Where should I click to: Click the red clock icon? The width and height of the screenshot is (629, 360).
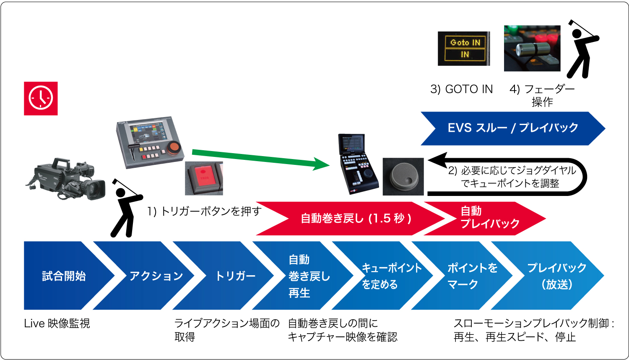41,98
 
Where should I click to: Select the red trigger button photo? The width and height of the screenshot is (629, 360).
204,178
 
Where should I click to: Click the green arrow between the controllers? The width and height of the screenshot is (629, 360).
260,158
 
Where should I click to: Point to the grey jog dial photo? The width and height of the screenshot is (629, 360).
403,177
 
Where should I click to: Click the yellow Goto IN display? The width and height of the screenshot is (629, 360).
464,49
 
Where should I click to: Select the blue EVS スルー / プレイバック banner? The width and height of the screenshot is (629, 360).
512,128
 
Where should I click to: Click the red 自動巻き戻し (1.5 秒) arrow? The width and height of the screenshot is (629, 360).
352,218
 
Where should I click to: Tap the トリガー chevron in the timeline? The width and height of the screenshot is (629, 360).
235,276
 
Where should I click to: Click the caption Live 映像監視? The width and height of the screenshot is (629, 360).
57,323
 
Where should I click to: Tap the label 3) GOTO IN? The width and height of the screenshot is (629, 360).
461,89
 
